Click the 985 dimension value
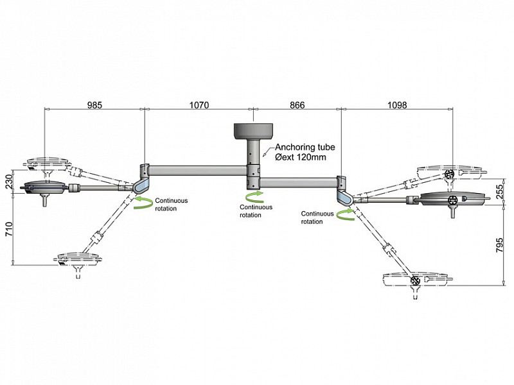click(x=94, y=105)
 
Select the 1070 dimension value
click(x=199, y=105)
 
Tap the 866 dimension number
click(x=297, y=105)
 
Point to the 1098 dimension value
click(x=397, y=105)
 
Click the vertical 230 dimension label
click(x=8, y=182)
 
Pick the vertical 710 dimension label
click(x=8, y=229)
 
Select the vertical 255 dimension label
click(x=499, y=192)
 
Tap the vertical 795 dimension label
click(x=499, y=245)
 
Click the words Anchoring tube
click(x=305, y=147)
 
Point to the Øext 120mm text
click(x=301, y=157)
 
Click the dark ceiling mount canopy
click(x=253, y=131)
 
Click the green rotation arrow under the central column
click(x=254, y=197)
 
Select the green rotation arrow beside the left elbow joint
click(x=143, y=203)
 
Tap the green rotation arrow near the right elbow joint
click(x=346, y=214)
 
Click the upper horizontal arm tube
click(x=198, y=171)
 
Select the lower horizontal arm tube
click(x=298, y=182)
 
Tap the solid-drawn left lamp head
click(x=45, y=187)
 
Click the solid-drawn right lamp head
click(x=452, y=199)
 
